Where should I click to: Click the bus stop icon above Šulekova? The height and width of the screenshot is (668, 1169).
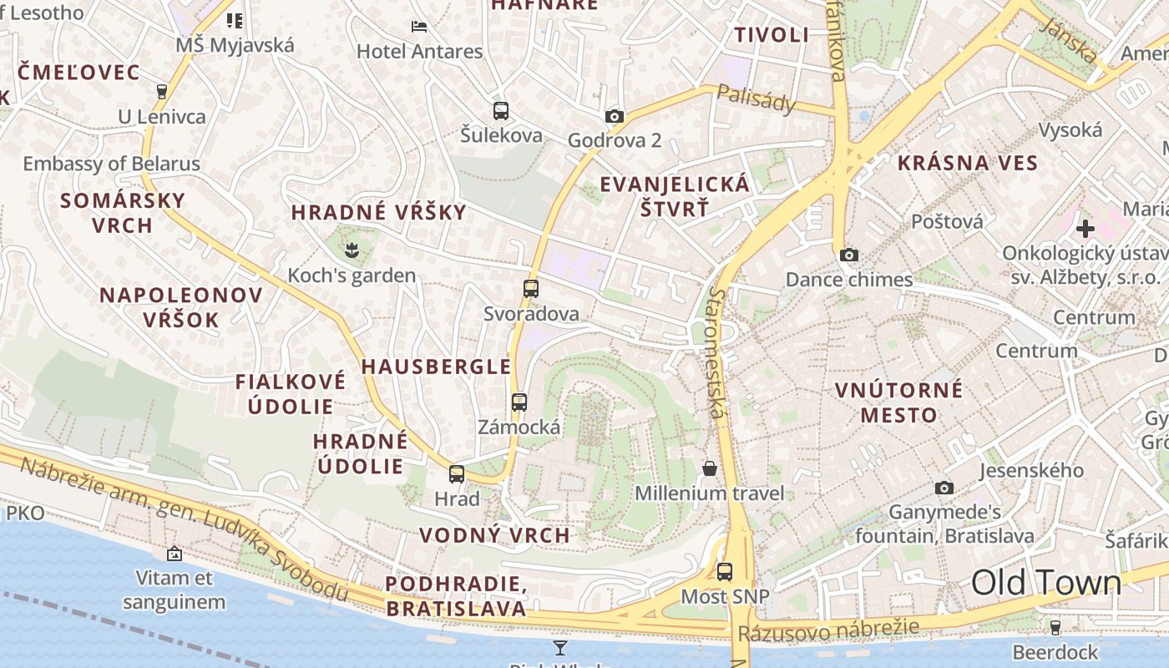501,110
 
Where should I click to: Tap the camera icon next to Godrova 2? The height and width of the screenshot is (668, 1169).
615,116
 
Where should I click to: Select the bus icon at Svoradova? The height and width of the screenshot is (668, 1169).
531,289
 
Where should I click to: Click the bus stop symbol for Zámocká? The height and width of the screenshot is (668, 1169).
519,402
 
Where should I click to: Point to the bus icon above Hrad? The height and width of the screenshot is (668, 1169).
457,474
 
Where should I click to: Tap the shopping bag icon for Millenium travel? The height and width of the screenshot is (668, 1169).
710,468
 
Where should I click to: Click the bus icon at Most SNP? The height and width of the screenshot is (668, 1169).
725,572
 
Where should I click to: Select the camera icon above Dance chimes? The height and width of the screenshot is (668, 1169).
849,255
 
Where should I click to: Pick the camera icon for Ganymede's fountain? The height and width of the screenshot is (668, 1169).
944,488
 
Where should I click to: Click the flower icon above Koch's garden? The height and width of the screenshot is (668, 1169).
352,248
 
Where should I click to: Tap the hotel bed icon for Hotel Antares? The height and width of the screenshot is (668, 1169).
419,27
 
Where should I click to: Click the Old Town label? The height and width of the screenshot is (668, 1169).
1046,583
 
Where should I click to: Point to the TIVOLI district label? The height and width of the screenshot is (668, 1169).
772,35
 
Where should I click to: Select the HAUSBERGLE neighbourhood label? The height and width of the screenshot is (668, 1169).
436,366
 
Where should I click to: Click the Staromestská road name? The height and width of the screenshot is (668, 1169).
716,352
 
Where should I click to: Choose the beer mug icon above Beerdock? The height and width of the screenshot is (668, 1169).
1055,626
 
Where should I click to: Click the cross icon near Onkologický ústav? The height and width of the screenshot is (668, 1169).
1085,228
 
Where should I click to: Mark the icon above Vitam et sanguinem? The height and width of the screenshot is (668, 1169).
175,553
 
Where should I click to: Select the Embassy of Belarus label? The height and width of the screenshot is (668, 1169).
112,164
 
